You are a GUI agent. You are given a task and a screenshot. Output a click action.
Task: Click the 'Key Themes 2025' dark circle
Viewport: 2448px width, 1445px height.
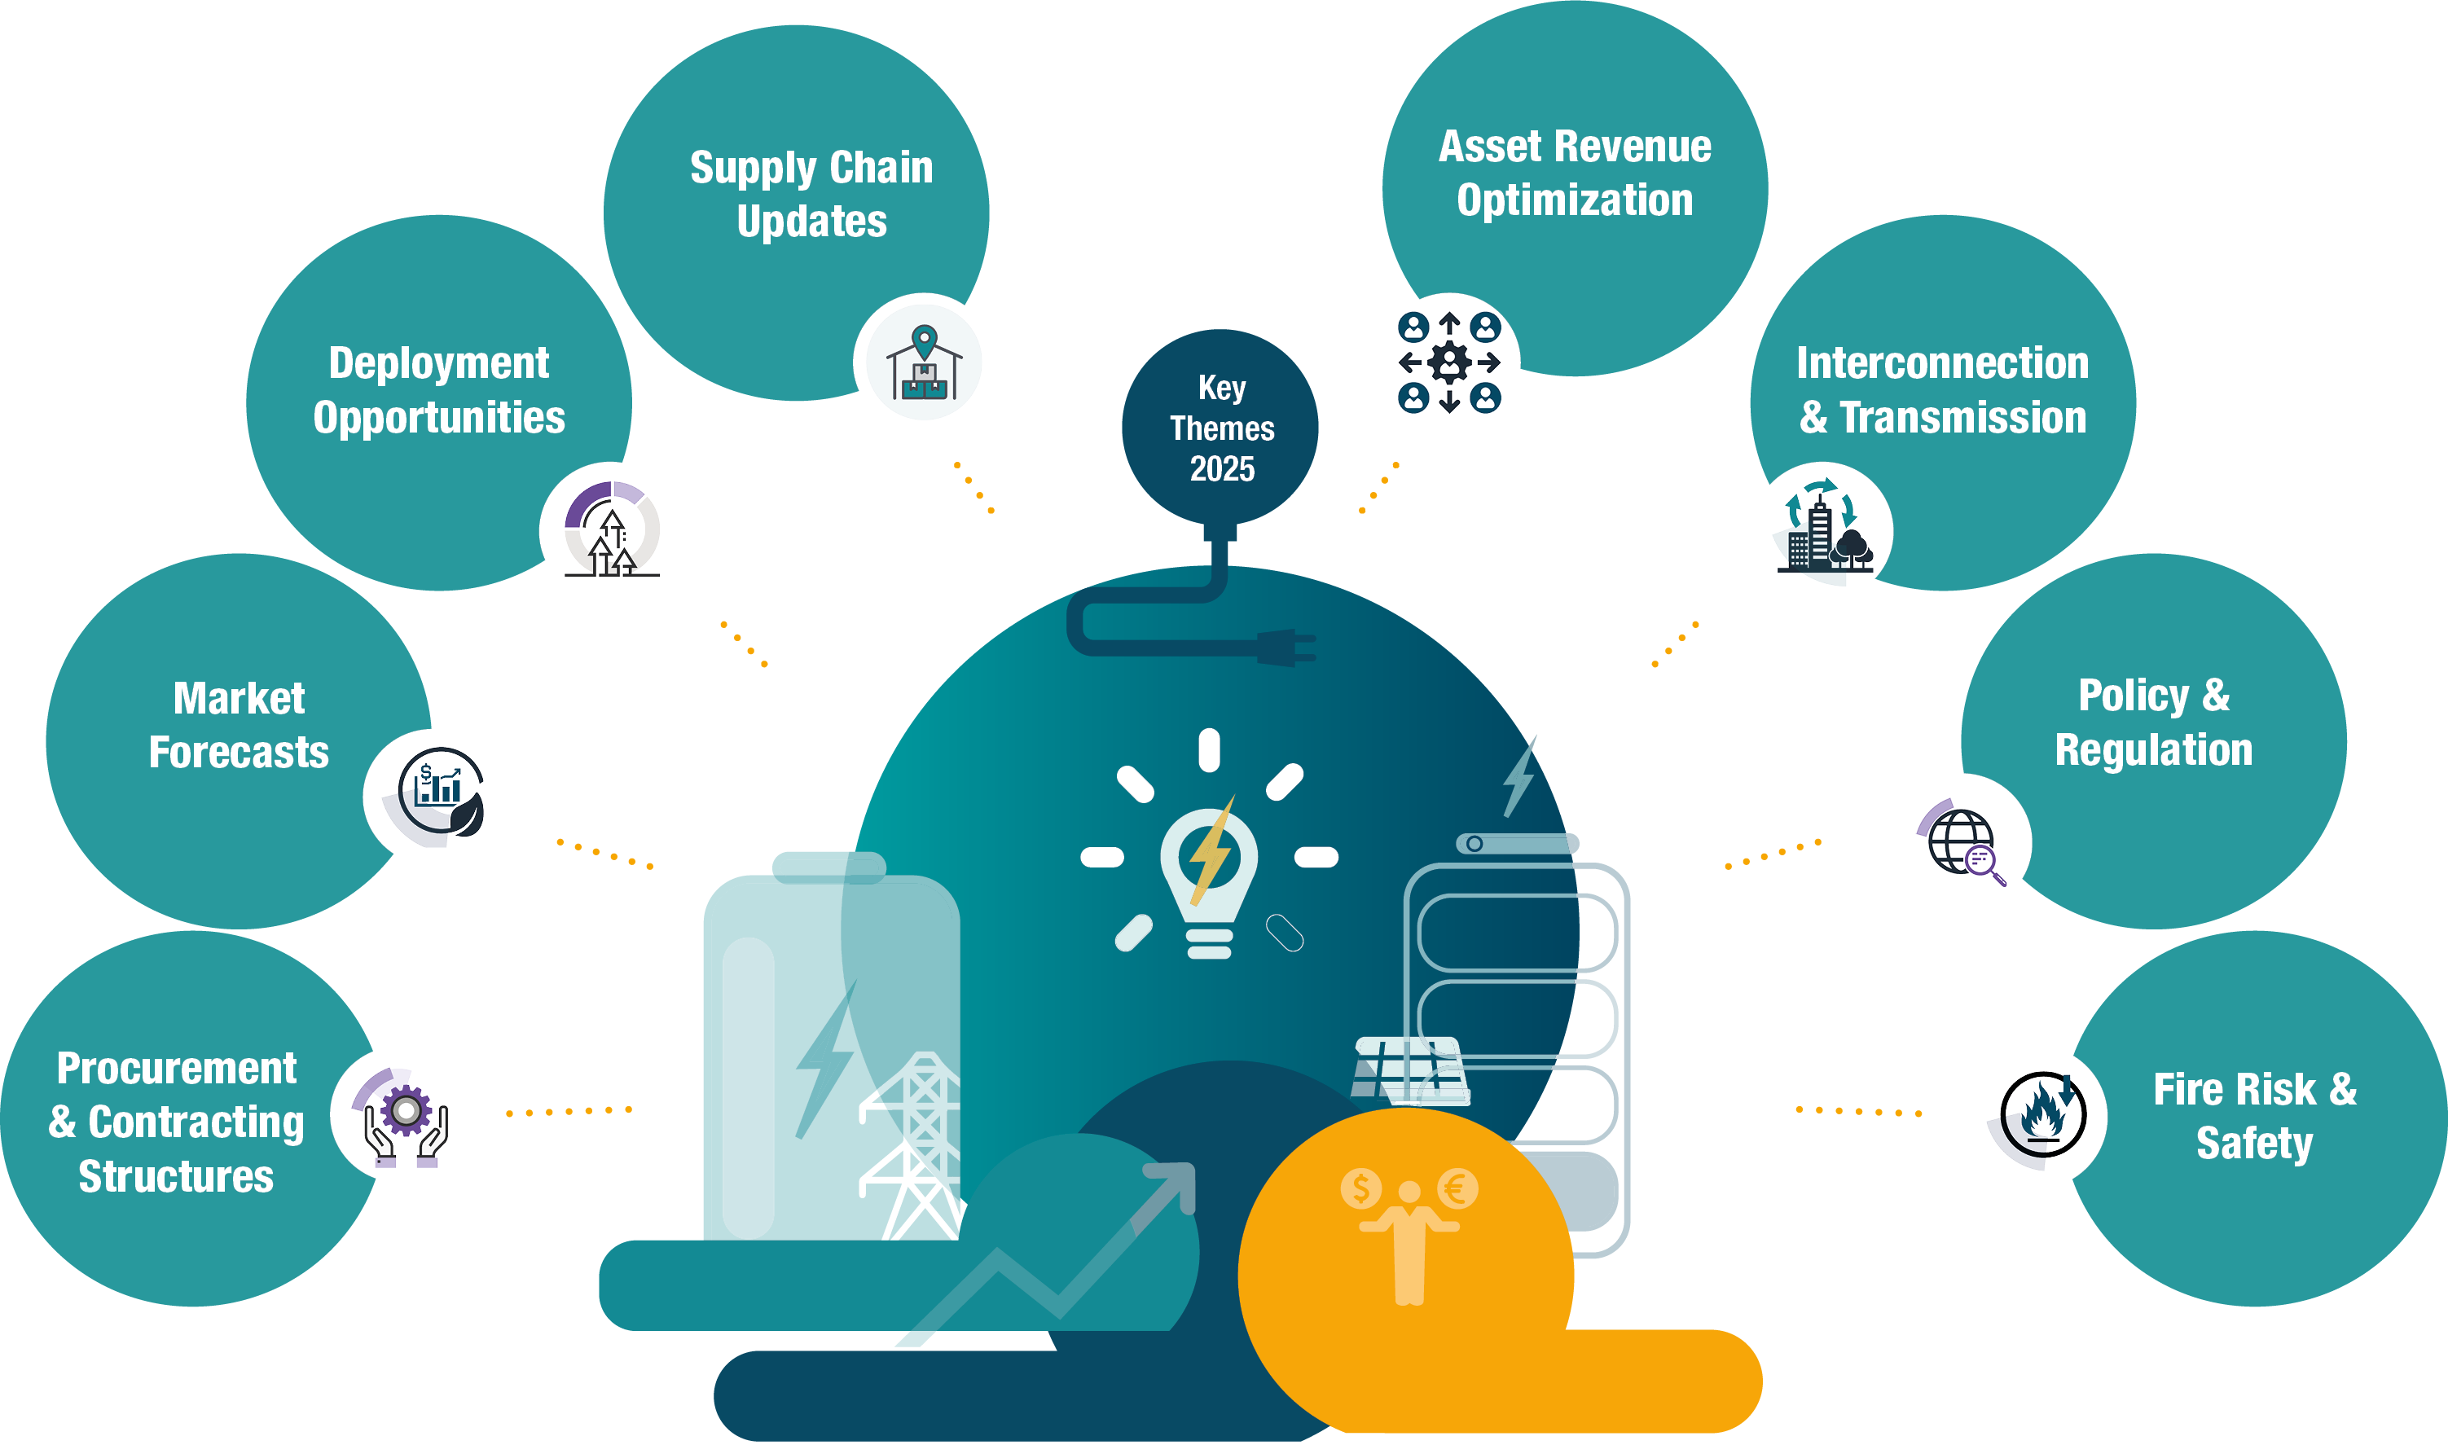click(x=1220, y=428)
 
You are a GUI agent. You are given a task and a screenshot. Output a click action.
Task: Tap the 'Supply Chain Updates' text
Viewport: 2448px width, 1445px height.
click(x=811, y=194)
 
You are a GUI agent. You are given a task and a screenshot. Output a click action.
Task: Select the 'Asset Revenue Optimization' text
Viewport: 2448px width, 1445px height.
click(x=1575, y=173)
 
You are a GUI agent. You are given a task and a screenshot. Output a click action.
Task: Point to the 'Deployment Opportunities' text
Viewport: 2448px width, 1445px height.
click(x=439, y=389)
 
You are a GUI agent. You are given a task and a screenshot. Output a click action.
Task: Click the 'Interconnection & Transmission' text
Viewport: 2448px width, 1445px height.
click(x=1943, y=389)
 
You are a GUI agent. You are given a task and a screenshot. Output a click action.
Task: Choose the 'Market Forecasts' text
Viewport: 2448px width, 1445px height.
click(x=239, y=726)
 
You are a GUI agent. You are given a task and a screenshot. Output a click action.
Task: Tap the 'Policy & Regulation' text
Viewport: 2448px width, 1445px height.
click(x=2154, y=722)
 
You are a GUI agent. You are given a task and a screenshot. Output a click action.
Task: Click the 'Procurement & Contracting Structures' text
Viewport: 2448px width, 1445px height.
click(x=176, y=1122)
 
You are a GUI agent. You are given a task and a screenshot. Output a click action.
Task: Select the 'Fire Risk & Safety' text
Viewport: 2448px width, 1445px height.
click(x=2254, y=1116)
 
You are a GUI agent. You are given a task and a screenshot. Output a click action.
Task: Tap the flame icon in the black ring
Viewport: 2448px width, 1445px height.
click(x=2043, y=1115)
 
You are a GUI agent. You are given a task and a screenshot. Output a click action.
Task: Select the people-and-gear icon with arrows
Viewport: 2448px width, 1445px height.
click(x=1449, y=362)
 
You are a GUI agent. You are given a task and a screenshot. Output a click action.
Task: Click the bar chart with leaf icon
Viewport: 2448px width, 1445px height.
click(x=442, y=791)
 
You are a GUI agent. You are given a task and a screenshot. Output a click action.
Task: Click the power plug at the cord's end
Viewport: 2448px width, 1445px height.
click(x=1286, y=647)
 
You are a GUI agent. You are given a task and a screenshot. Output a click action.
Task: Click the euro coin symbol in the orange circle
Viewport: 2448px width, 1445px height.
click(x=1457, y=1188)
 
